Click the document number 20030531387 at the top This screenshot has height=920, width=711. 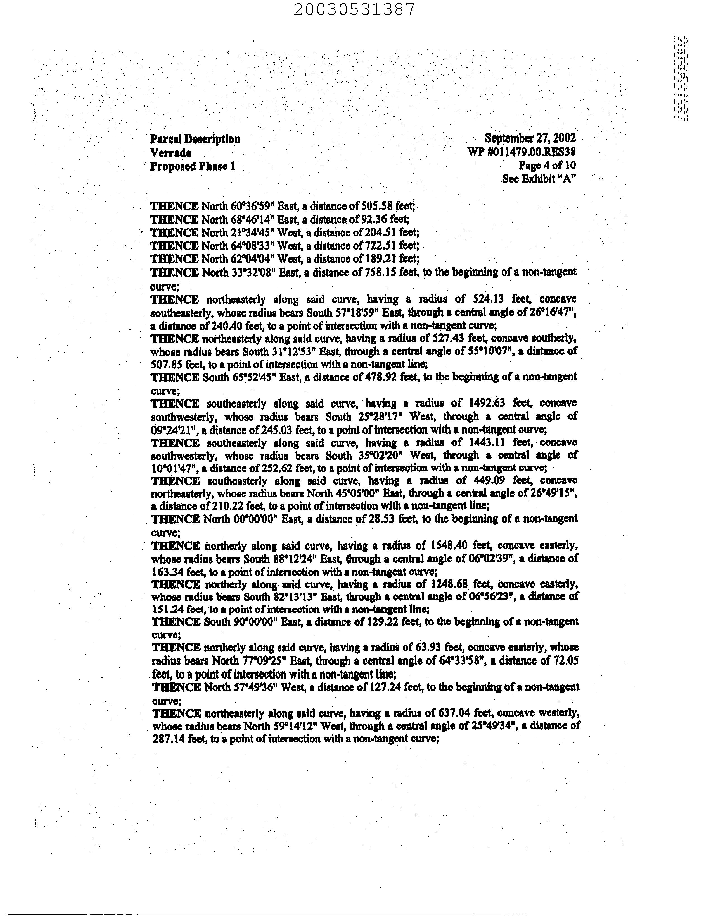(354, 9)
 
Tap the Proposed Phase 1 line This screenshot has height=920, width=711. (192, 166)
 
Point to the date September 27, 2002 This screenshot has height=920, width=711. (530, 138)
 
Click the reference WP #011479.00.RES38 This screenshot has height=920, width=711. (522, 152)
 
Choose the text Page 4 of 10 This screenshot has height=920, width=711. (547, 165)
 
